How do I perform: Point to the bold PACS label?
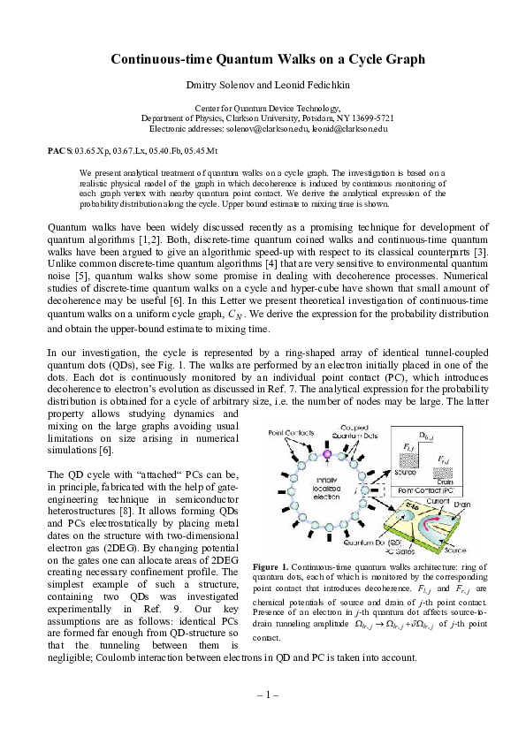[58, 151]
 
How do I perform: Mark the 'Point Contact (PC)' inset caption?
[428, 489]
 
